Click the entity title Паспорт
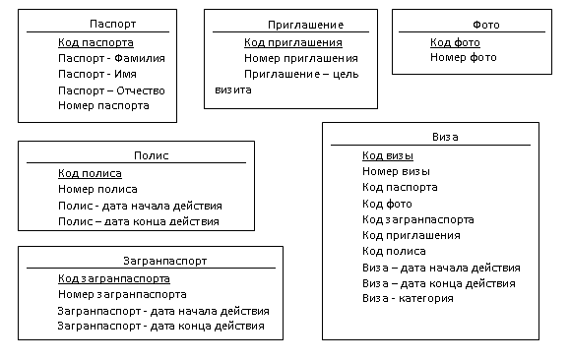[x=112, y=24]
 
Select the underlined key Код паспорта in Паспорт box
[x=95, y=43]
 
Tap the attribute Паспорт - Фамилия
[x=111, y=58]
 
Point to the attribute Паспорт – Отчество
[x=111, y=90]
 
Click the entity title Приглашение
[x=306, y=25]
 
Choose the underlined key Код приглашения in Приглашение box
[x=293, y=43]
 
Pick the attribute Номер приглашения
[x=301, y=58]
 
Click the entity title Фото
[x=486, y=25]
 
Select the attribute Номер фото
[x=464, y=57]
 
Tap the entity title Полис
[x=152, y=155]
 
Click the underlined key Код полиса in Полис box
[x=90, y=174]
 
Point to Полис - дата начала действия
[x=140, y=206]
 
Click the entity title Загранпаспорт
[x=165, y=261]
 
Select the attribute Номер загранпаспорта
[x=122, y=294]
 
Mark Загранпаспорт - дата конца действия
[x=161, y=326]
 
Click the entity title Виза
[x=445, y=137]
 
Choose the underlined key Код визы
[x=388, y=155]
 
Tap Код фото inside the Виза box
[x=387, y=204]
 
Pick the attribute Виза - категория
[x=408, y=299]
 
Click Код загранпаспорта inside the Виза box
[x=418, y=219]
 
